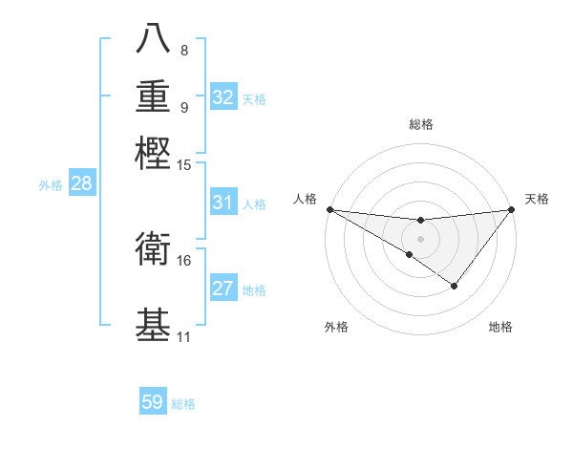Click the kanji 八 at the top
(x=154, y=37)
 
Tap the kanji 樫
(x=154, y=152)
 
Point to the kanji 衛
(x=154, y=249)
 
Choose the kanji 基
(x=154, y=324)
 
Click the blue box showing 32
(x=223, y=96)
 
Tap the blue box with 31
(x=223, y=203)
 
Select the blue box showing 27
(x=223, y=289)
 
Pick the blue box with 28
(x=81, y=184)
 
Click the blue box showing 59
(x=153, y=402)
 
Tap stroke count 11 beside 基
(x=184, y=337)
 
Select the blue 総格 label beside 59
(x=183, y=404)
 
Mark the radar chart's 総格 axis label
(x=420, y=124)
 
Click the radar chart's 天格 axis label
(x=537, y=199)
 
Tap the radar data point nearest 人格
(x=329, y=208)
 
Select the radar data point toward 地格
(x=455, y=286)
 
